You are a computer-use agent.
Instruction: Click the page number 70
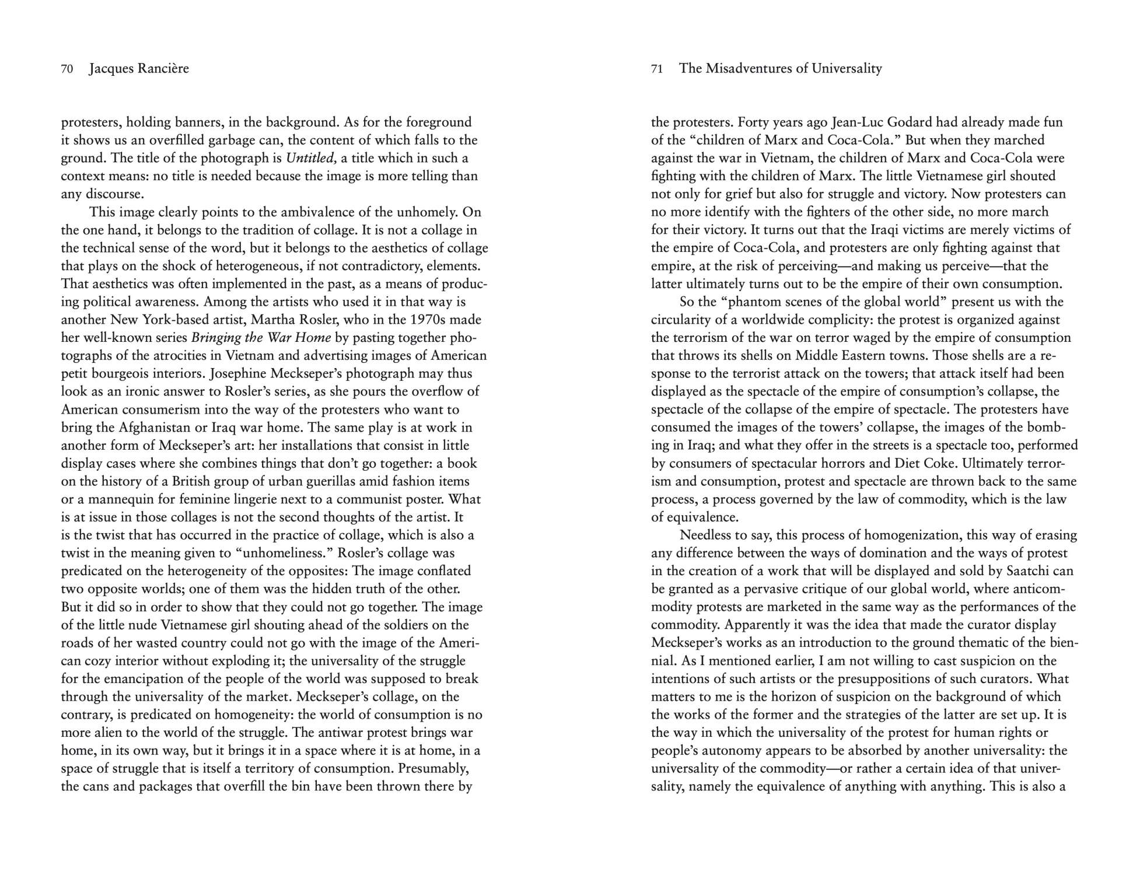tap(67, 69)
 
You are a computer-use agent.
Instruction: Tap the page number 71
tap(657, 69)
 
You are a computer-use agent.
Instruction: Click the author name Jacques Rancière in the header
tap(139, 69)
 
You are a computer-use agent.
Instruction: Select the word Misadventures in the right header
tap(748, 69)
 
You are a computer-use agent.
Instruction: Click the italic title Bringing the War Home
tap(261, 338)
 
